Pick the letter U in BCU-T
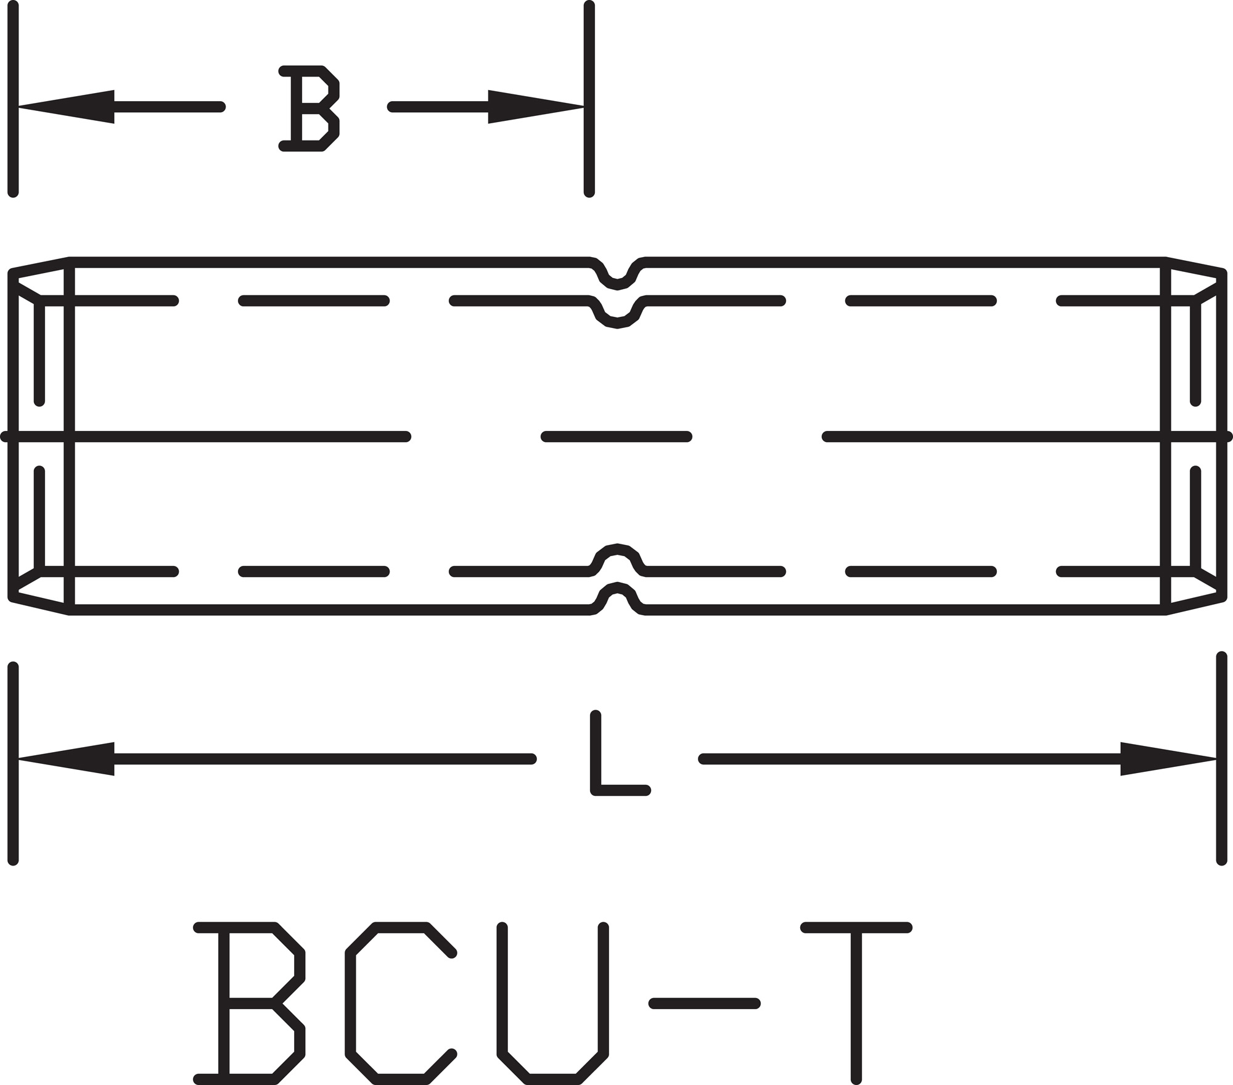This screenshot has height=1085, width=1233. pos(552,1004)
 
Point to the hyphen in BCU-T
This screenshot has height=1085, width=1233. pos(704,1004)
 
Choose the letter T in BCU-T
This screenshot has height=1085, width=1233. pos(856,1004)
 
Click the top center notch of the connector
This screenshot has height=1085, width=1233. pos(616,274)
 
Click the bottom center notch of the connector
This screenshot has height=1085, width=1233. pos(616,599)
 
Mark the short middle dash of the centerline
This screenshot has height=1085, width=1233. pos(616,437)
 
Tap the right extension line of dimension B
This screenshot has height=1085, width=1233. pos(589,99)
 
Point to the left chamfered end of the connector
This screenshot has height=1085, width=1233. pos(41,437)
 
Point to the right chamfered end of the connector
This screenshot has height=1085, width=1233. pos(1194,437)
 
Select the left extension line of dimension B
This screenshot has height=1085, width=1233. pos(13,99)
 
